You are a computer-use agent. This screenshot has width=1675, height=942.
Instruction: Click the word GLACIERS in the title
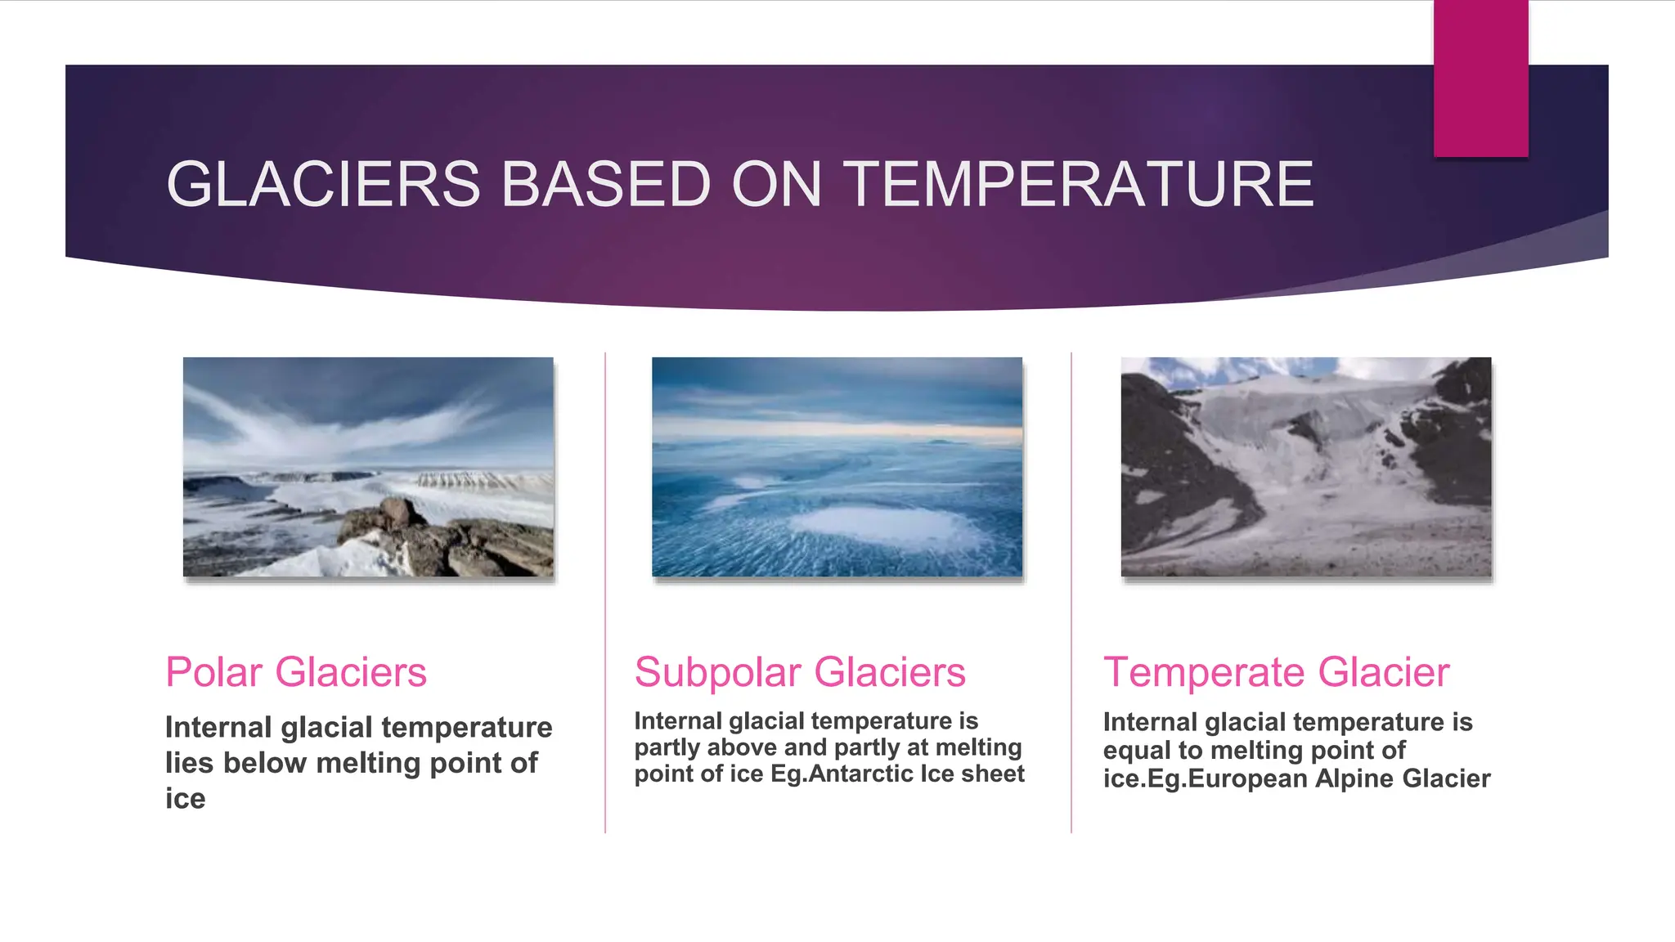[x=323, y=184]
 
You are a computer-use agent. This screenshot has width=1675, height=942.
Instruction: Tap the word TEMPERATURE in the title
[x=1078, y=184]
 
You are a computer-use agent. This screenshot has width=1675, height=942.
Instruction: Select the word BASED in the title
[x=606, y=184]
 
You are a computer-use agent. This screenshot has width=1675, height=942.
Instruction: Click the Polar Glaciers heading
[x=296, y=672]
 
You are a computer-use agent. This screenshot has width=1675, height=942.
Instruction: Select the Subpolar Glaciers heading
[x=800, y=672]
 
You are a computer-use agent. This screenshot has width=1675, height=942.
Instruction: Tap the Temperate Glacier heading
[x=1276, y=672]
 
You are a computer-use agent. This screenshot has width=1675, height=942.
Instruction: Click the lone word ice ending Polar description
[x=185, y=799]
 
